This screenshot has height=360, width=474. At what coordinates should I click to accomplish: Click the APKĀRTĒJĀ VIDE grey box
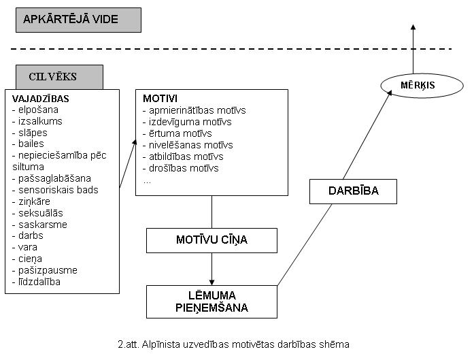tap(79, 20)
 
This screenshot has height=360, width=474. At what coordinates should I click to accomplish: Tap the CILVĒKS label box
tap(60, 77)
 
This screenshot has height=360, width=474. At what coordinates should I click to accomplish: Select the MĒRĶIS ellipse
tap(422, 86)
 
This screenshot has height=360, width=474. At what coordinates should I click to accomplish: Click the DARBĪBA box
tap(353, 191)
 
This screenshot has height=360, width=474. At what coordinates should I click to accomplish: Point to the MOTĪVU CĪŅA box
tap(211, 240)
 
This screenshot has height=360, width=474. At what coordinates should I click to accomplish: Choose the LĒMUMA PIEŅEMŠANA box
tap(211, 301)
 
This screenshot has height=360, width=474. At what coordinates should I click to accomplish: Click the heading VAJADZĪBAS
tap(41, 99)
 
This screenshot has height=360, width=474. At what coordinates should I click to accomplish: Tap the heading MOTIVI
tap(160, 98)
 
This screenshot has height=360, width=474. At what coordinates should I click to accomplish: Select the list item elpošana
tap(35, 110)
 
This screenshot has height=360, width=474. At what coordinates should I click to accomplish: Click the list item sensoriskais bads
tap(55, 190)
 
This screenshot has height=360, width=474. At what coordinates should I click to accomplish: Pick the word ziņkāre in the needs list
tap(34, 201)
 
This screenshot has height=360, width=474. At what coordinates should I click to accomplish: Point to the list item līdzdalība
tap(36, 282)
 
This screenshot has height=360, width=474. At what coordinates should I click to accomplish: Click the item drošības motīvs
tap(181, 168)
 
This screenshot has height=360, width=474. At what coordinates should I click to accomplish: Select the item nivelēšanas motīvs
tap(188, 145)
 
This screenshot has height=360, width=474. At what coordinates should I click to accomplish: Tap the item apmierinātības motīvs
tap(194, 110)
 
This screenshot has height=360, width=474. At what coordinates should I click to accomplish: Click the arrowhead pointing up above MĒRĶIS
tap(413, 27)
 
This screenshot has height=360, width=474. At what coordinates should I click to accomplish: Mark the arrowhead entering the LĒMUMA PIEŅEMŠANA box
tap(211, 282)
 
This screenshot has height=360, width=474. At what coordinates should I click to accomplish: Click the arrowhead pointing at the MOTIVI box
tap(135, 142)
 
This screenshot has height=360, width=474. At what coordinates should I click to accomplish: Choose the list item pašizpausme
tap(45, 270)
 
